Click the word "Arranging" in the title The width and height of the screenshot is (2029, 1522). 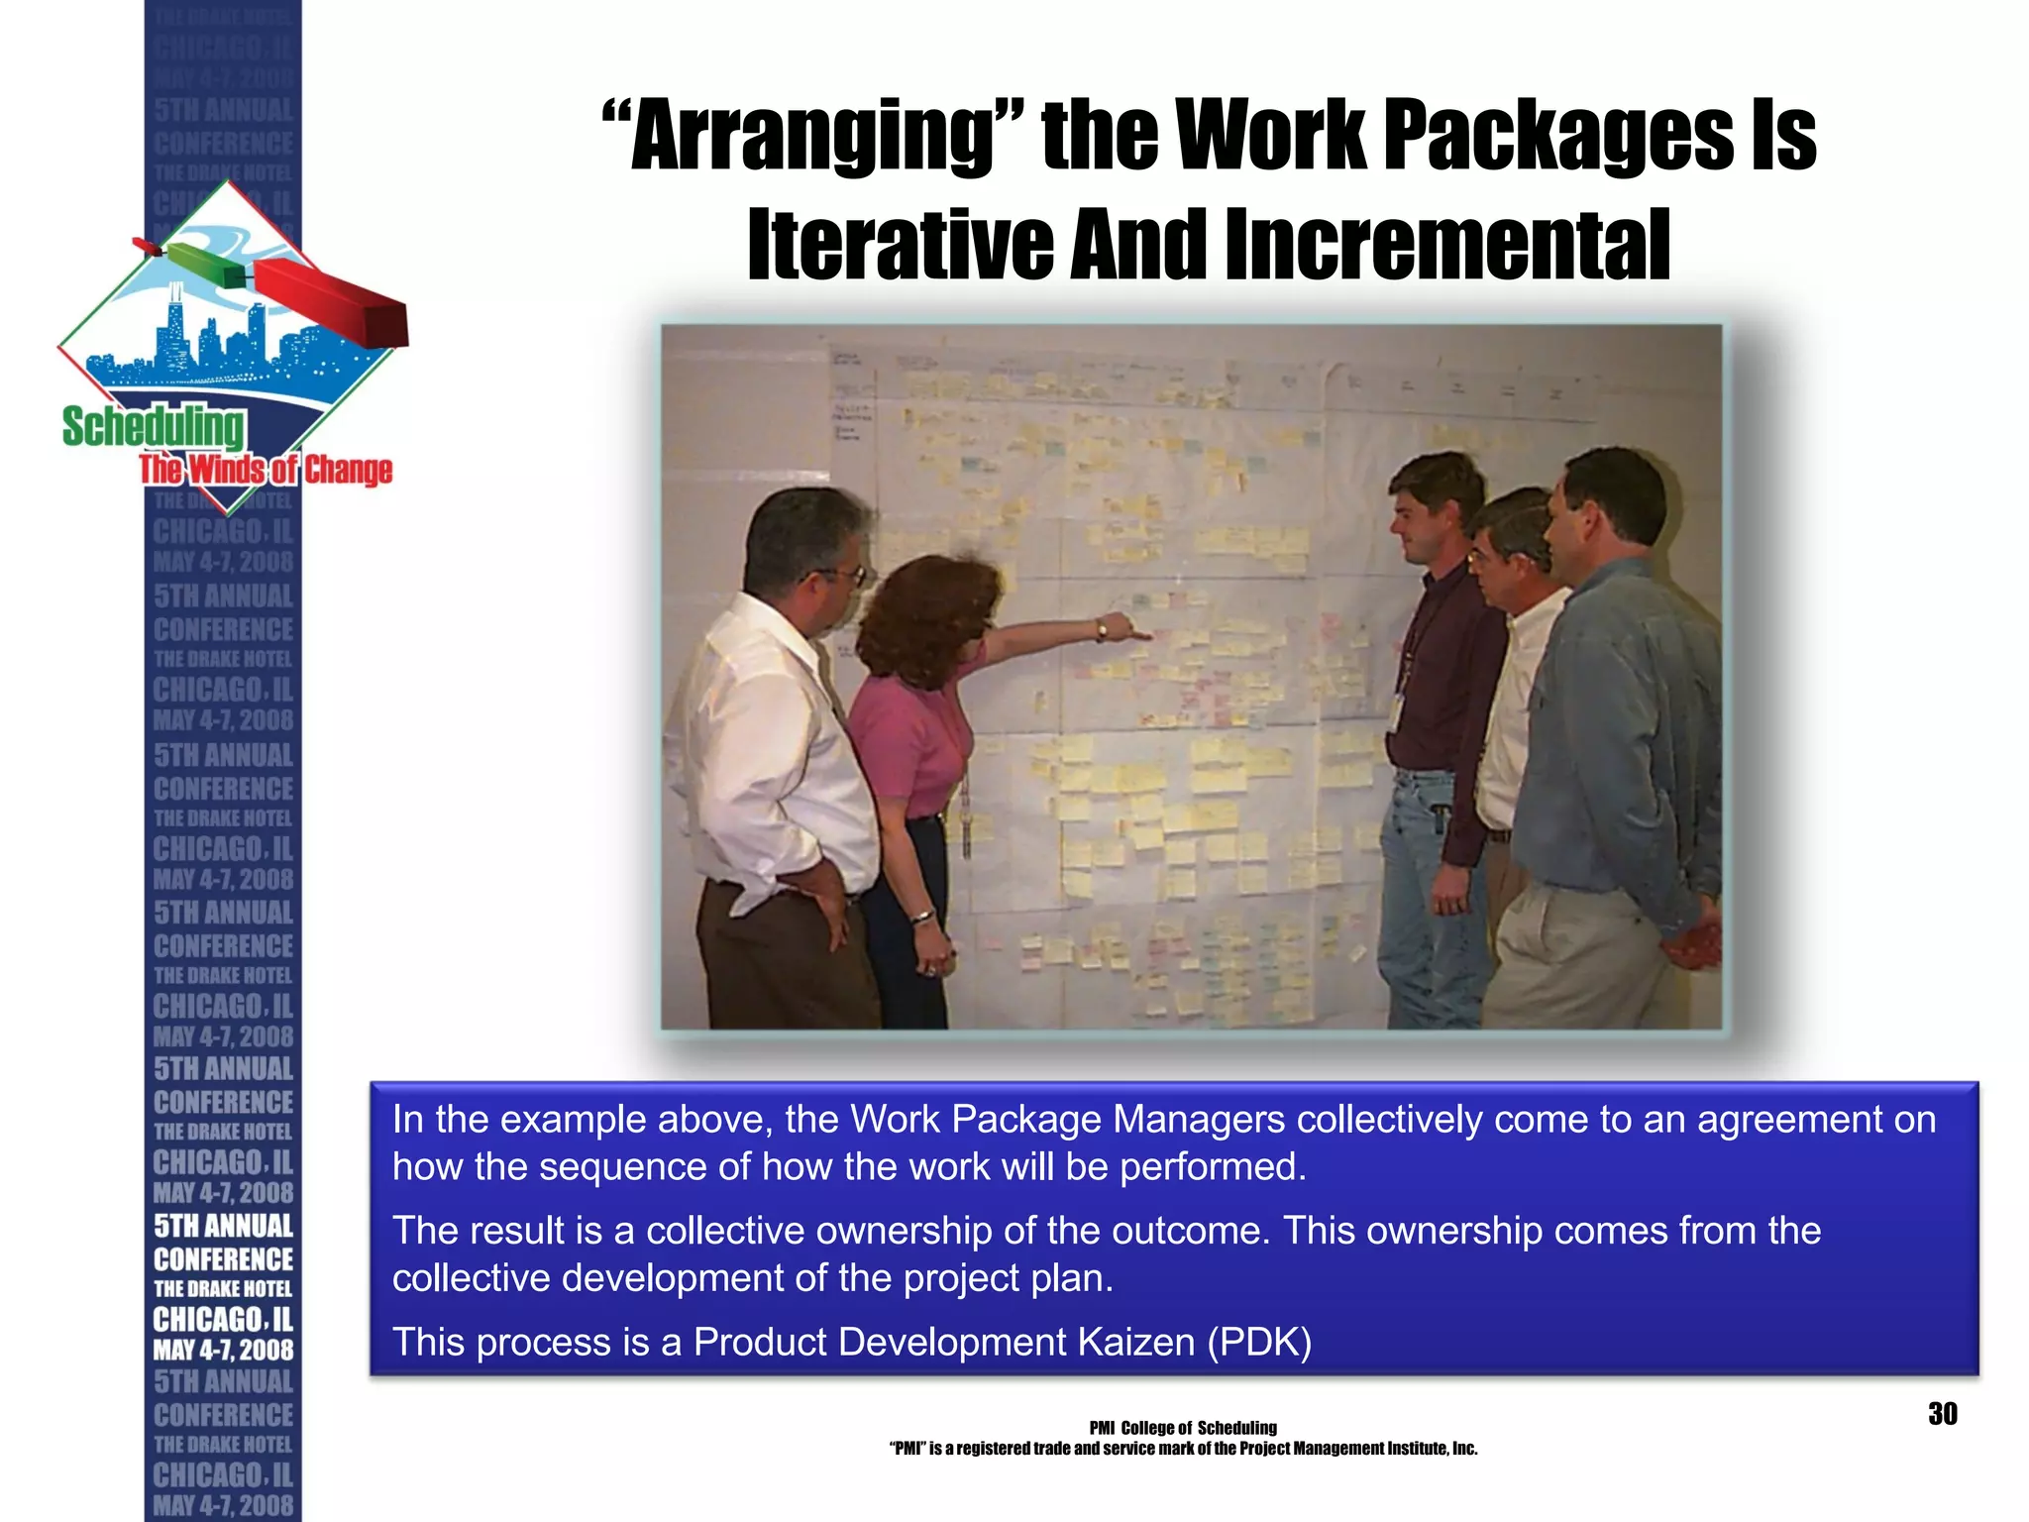812,138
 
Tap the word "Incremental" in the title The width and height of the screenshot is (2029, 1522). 1447,246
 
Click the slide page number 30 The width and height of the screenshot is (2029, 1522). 1942,1414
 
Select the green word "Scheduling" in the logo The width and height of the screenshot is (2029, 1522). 154,427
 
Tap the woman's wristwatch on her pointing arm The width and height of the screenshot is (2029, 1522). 1101,630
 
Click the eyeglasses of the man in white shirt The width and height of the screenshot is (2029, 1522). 842,573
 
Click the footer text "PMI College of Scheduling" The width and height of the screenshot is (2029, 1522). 1183,1428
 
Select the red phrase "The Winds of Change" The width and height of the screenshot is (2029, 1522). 266,470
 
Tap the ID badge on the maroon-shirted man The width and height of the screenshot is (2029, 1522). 1396,711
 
